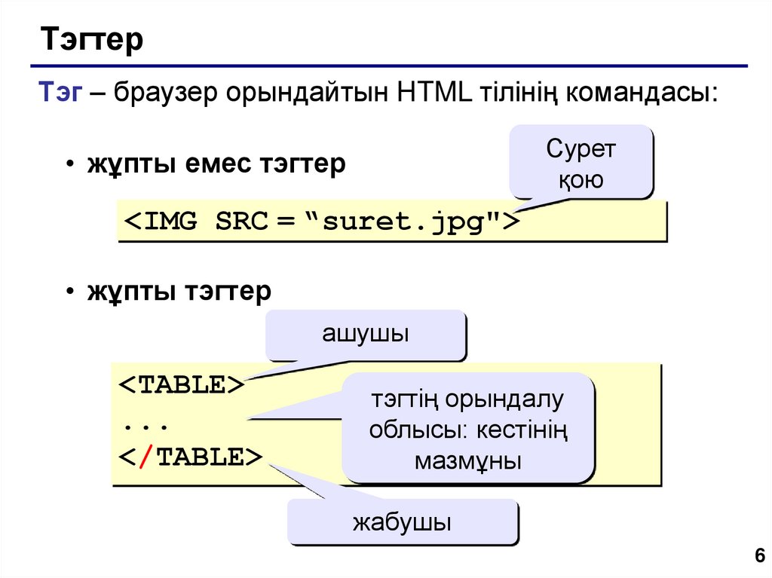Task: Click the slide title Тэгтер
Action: point(92,40)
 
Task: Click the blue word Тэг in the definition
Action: point(61,95)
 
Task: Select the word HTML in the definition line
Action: point(433,95)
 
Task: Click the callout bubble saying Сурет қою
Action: point(581,163)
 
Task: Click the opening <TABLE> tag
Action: point(182,384)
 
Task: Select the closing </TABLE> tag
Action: point(190,457)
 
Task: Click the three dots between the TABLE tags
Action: point(145,422)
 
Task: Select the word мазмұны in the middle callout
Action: point(467,460)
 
